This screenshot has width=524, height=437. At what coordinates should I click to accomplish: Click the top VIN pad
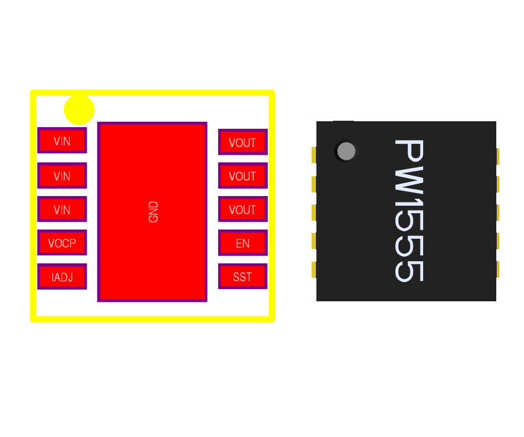tap(62, 141)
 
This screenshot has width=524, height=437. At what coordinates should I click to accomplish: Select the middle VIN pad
tap(62, 175)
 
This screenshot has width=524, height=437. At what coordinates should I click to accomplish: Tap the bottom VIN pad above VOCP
tap(62, 209)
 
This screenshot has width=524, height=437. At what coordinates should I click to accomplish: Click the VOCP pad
tap(62, 243)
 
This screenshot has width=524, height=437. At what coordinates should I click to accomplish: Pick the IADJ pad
tap(62, 277)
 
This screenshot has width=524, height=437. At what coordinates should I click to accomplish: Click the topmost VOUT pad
tap(242, 142)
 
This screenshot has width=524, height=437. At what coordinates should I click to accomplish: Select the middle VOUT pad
tap(242, 176)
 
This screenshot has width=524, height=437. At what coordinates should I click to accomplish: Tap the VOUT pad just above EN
tap(242, 209)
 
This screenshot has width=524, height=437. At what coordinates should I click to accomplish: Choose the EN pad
tap(242, 243)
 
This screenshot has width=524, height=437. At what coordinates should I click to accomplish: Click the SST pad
tap(242, 277)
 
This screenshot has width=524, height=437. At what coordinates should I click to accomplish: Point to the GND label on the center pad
tap(153, 212)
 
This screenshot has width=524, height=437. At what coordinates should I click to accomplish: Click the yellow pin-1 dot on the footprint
tap(79, 110)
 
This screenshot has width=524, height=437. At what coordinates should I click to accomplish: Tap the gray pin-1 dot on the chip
tap(346, 151)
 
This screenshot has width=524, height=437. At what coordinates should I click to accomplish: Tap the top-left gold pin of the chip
tap(314, 155)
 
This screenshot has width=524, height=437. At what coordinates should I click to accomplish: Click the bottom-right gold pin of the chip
tap(498, 269)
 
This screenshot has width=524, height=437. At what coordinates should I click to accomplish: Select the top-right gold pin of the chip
tap(498, 156)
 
